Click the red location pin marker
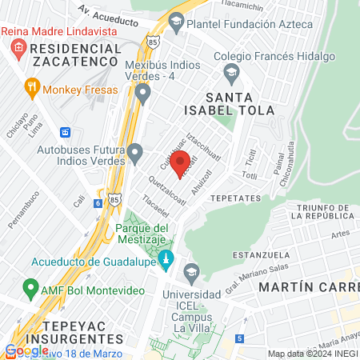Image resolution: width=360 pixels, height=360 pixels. pyautogui.click(x=180, y=162)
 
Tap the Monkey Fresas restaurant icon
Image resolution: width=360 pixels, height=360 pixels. pyautogui.click(x=32, y=86)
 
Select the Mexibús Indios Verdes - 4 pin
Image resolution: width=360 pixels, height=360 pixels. pyautogui.click(x=143, y=95)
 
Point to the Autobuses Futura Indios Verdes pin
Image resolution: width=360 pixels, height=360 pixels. pyautogui.click(x=135, y=150)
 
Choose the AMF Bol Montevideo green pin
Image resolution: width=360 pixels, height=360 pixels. pyautogui.click(x=31, y=286)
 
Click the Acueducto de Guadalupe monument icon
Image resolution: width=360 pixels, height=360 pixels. pyautogui.click(x=166, y=260)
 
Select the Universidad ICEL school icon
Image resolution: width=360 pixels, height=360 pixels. pyautogui.click(x=190, y=274)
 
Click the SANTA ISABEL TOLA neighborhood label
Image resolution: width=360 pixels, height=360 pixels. pyautogui.click(x=240, y=102)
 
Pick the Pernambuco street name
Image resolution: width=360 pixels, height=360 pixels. pyautogui.click(x=24, y=216)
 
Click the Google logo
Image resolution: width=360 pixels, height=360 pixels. pyautogui.click(x=26, y=350)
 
